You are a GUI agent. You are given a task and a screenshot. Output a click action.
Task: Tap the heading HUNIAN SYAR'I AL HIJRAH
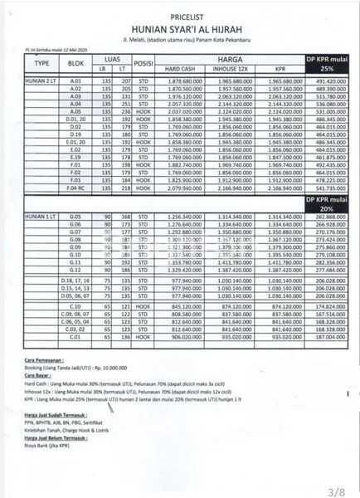pyautogui.click(x=179, y=26)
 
